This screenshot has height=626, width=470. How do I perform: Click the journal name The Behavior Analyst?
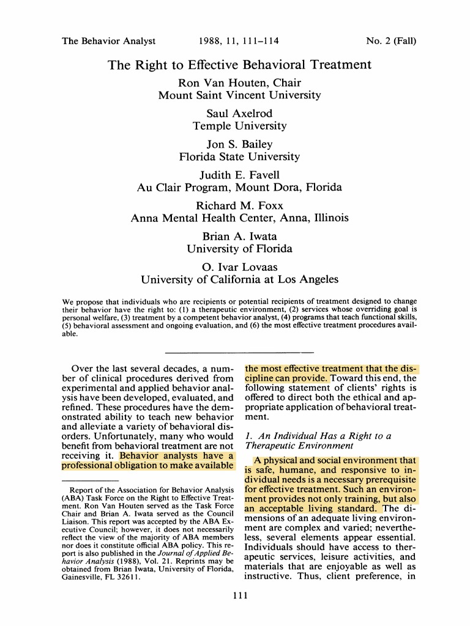click(109, 42)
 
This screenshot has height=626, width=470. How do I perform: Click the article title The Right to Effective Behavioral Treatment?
click(239, 65)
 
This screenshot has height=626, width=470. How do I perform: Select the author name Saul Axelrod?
click(239, 114)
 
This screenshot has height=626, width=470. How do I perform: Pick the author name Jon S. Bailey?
click(239, 144)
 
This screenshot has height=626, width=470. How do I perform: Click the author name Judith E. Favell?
click(239, 175)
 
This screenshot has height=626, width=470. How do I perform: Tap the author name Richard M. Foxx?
click(239, 206)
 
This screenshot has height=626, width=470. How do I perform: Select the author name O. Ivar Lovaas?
click(239, 267)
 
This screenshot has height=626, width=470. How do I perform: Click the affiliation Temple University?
click(239, 126)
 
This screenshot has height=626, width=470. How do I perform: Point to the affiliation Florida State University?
click(239, 156)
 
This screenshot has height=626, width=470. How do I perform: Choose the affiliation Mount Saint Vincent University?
click(239, 95)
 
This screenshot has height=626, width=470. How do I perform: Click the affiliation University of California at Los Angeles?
click(239, 279)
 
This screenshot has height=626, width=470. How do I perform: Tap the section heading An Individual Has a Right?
click(318, 436)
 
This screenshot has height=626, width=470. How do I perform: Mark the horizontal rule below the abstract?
click(239, 352)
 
